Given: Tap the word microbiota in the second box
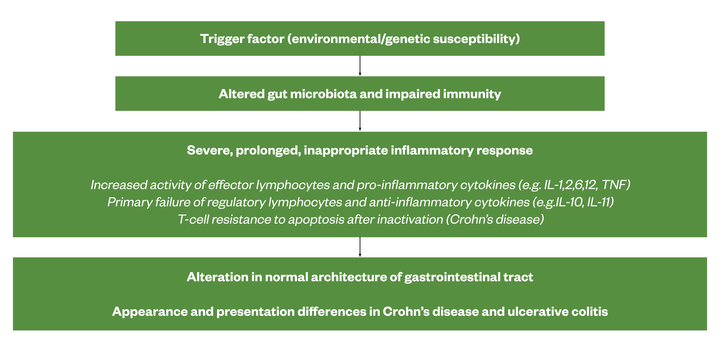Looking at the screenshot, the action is tap(323, 94).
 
